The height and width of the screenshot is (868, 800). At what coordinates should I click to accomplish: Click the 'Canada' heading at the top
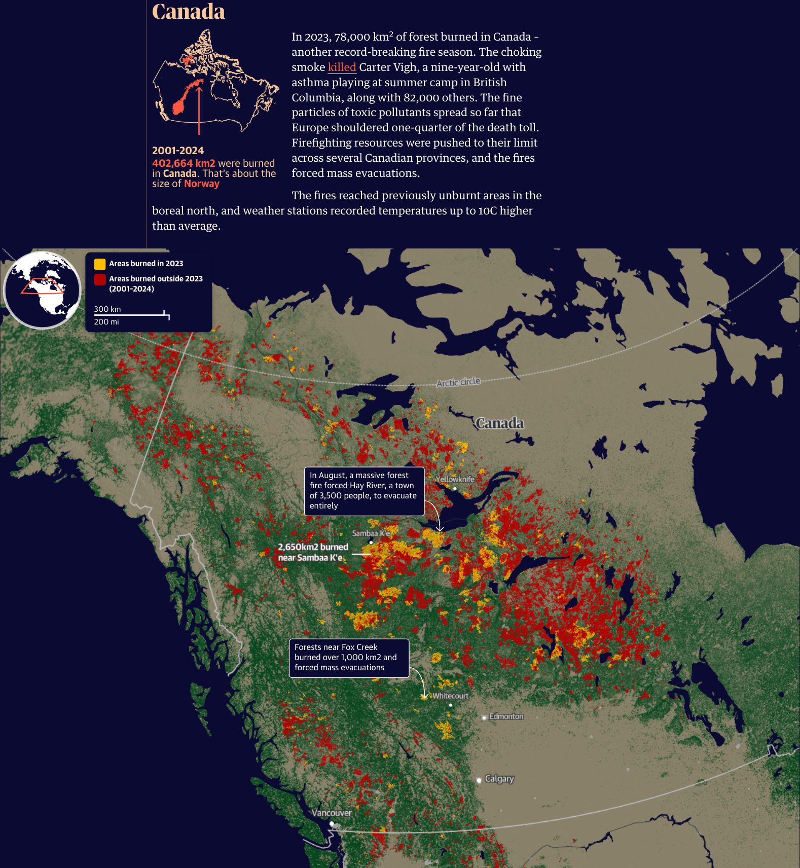pos(188,11)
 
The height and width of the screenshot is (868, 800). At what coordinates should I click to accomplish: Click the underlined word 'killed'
pos(342,67)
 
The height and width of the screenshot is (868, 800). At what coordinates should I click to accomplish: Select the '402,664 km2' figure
pos(184,163)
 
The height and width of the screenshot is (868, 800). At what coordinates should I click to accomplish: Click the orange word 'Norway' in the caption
pos(202,184)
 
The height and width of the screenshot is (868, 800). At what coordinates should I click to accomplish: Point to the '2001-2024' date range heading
pos(178,151)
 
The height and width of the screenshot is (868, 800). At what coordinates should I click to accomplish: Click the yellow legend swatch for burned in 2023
pos(100,264)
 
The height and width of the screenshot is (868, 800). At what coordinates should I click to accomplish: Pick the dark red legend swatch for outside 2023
pos(100,279)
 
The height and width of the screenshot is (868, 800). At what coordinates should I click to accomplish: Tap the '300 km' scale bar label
pos(107,309)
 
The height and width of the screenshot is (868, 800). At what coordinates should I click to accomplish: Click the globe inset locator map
pos(43,290)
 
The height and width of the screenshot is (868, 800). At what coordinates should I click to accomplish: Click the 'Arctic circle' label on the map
pos(458,382)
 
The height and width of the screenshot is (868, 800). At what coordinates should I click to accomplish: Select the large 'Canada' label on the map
pos(499,423)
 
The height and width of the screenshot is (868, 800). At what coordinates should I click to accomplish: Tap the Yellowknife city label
pos(455,479)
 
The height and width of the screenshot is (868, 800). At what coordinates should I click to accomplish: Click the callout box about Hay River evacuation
pos(363,491)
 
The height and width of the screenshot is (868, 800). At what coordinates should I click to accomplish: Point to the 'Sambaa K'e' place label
pos(371,533)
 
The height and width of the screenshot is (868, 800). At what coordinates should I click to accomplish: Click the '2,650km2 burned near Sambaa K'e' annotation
pos(313,552)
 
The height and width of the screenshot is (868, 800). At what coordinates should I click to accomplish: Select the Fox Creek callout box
pos(348,658)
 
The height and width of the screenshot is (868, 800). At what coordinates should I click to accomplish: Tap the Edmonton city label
pos(506,716)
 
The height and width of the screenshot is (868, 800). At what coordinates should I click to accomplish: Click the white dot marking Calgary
pos(479,780)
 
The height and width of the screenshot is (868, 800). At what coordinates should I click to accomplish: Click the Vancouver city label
pos(331,813)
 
